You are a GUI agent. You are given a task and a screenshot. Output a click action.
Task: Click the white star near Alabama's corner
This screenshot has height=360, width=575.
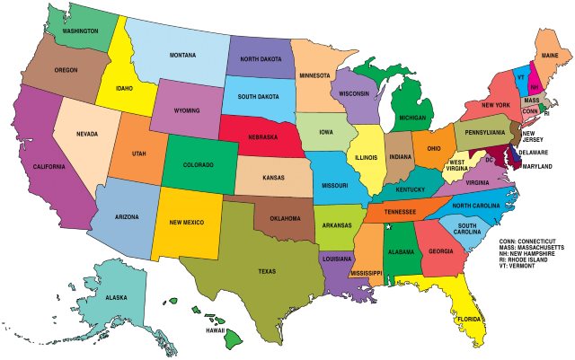(x=388, y=227)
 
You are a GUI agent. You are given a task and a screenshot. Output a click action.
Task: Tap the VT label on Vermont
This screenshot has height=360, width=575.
(x=519, y=77)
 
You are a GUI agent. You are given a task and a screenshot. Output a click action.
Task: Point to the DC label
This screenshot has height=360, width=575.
(x=489, y=159)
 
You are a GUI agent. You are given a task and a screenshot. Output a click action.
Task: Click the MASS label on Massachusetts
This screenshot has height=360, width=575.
(x=532, y=100)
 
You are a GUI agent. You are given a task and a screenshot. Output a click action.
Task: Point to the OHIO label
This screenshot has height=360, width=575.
(x=433, y=148)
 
